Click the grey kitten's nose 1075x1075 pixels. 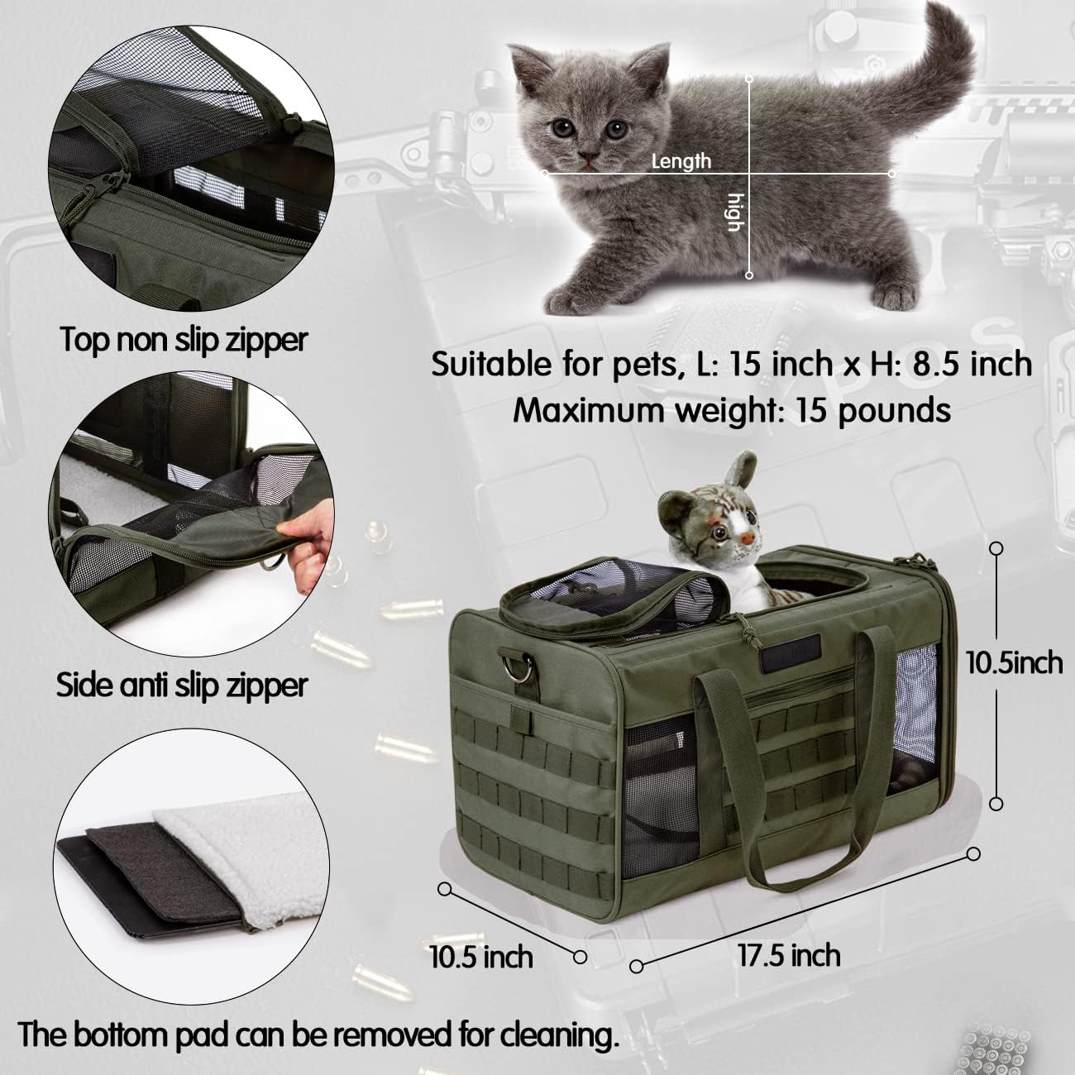tap(588, 156)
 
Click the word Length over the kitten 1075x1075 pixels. tap(681, 160)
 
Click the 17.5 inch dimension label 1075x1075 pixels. tap(789, 955)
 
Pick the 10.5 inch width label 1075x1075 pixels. tap(480, 957)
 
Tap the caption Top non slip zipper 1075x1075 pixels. tap(184, 339)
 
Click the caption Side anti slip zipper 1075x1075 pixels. tap(182, 685)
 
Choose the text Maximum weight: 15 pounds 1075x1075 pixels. tap(732, 410)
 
